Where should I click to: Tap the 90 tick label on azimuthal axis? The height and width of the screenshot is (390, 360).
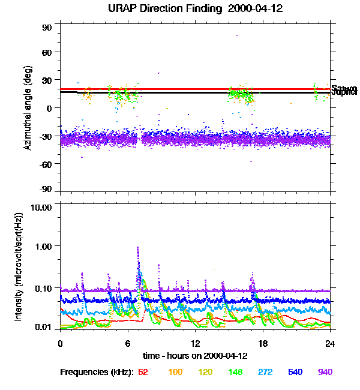click(47, 28)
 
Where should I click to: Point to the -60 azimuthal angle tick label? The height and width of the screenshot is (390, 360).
click(44, 163)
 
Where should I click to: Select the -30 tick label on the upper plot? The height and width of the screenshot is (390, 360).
click(44, 136)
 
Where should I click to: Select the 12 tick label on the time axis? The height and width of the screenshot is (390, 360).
click(195, 343)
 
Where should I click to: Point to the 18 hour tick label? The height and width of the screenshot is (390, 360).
click(262, 343)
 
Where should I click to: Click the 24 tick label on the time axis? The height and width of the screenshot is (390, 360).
click(329, 343)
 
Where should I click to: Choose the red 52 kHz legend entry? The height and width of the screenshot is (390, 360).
click(143, 373)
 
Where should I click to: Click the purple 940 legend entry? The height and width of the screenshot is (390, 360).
click(325, 373)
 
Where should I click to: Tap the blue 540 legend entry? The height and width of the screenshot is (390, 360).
click(295, 373)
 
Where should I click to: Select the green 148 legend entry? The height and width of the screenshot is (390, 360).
click(235, 373)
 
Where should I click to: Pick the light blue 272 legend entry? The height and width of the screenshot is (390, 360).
click(265, 373)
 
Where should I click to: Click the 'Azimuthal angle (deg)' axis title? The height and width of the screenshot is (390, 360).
click(28, 108)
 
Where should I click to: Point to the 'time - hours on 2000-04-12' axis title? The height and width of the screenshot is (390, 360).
click(195, 355)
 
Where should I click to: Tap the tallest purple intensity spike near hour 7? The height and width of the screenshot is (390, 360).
click(137, 248)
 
